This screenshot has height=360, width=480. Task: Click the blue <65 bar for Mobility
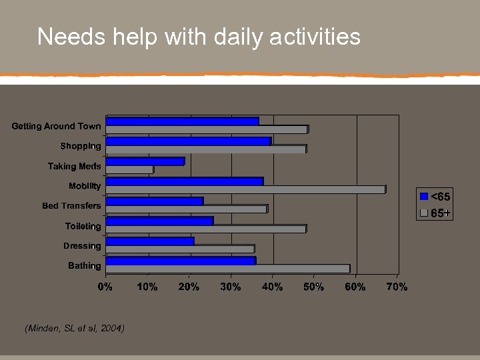click(185, 181)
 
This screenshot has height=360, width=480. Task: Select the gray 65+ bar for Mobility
click(245, 189)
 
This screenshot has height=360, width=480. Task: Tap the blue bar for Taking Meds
click(145, 161)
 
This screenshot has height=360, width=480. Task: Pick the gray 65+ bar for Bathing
click(227, 269)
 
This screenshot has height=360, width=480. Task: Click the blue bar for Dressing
click(150, 241)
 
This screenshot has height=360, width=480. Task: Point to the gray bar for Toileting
click(206, 229)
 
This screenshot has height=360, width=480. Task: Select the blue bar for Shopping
click(189, 141)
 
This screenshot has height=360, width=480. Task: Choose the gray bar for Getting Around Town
click(207, 129)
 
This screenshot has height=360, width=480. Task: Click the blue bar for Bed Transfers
click(155, 201)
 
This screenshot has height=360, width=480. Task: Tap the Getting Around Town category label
click(57, 126)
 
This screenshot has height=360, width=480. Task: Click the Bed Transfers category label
click(71, 206)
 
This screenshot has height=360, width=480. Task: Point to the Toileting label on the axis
click(83, 226)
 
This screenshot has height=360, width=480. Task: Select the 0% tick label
click(105, 287)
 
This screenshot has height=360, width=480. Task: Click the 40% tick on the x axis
click(272, 287)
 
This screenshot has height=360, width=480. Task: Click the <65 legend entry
click(435, 197)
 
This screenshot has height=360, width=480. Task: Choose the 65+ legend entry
click(435, 213)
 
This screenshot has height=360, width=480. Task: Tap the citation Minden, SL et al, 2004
click(74, 328)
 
